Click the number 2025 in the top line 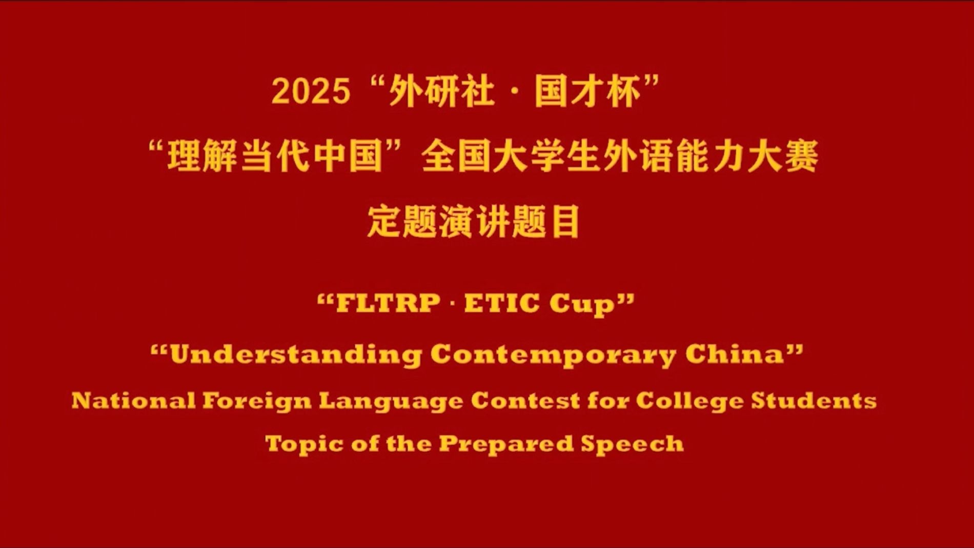[x=311, y=92]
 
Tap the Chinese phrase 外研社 [x=442, y=92]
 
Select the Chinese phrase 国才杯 [x=588, y=92]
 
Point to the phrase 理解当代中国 [x=276, y=156]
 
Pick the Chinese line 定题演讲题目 [x=474, y=221]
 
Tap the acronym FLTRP [x=388, y=303]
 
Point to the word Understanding [x=296, y=355]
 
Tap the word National [x=133, y=400]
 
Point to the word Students [x=814, y=401]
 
